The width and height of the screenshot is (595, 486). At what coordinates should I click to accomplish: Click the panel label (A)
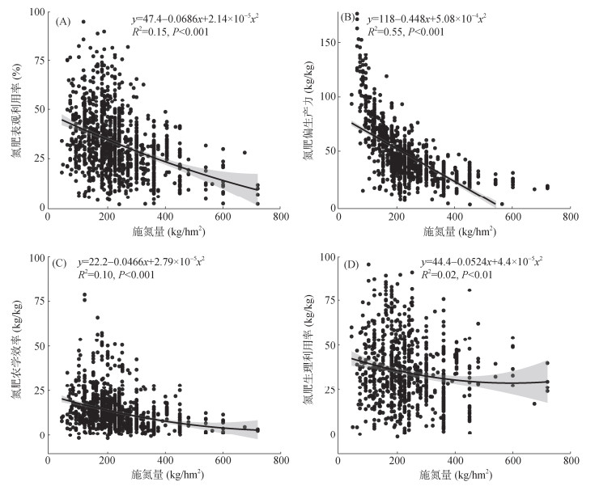coord(64,20)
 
